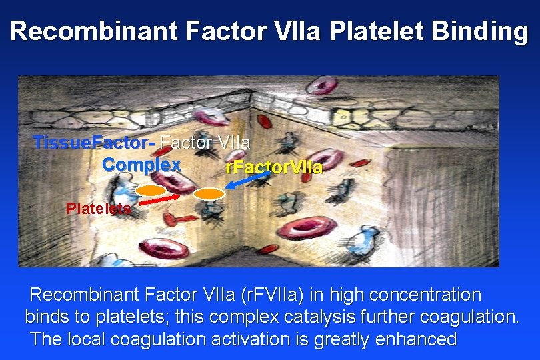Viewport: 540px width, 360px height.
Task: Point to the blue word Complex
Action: click(141, 164)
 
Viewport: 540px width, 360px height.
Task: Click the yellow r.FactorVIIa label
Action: click(274, 167)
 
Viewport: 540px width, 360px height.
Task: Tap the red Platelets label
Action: click(99, 208)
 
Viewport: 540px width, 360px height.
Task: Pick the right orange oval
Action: click(209, 194)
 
